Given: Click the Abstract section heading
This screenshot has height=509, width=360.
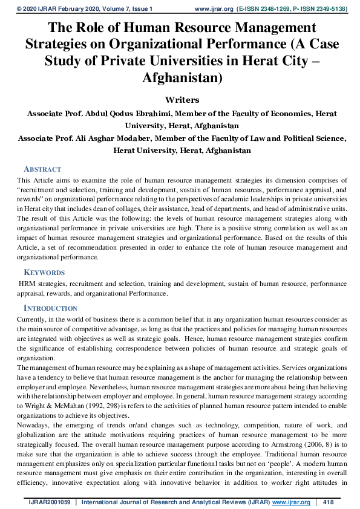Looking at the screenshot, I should coord(42,169).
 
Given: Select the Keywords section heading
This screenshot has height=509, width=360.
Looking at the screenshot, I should coord(44,273).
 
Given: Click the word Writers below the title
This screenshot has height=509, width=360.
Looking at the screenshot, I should coord(182,99).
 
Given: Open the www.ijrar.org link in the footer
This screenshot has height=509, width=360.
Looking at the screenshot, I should coord(293,502).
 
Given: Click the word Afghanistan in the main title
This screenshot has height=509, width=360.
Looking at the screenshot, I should coord(180,78).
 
